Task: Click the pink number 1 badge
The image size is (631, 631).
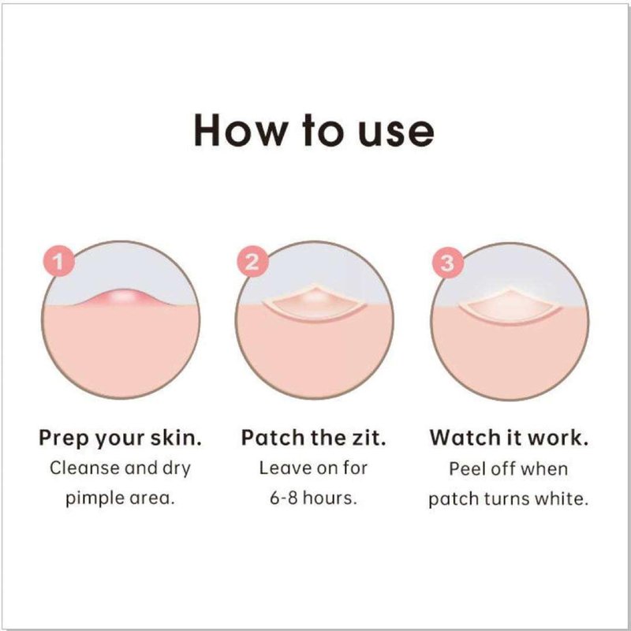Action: (59, 261)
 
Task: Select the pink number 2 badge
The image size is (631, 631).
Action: (252, 262)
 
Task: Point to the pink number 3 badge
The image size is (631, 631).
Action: (447, 263)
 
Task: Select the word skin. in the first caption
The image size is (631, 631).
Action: (176, 438)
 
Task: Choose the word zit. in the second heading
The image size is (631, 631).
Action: (369, 438)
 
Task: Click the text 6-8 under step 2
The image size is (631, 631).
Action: (284, 498)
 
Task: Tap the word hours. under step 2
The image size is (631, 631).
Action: (330, 498)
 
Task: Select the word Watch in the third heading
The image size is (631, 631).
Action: (460, 438)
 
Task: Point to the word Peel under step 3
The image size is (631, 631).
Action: (463, 469)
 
